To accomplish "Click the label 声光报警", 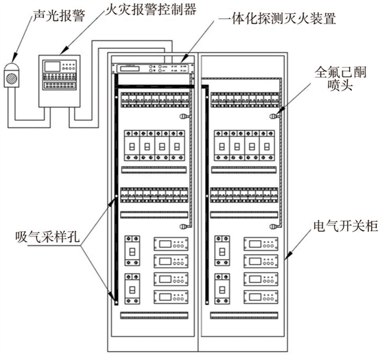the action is click(x=59, y=16).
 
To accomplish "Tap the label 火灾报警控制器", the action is click(x=150, y=10).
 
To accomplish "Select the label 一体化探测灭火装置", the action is click(x=276, y=19).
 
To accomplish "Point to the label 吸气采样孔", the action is click(x=47, y=237).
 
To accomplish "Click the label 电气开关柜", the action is click(x=346, y=226).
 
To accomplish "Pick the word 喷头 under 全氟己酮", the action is click(x=340, y=85).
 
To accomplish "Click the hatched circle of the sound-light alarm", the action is click(x=12, y=78).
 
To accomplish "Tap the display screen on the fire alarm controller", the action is click(x=52, y=67).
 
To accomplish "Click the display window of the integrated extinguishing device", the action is click(x=130, y=69).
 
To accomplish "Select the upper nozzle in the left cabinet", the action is click(x=185, y=117).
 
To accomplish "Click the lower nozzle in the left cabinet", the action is click(x=185, y=227).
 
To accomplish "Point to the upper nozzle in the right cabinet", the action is click(x=274, y=117).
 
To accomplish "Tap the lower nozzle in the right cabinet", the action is click(x=274, y=227).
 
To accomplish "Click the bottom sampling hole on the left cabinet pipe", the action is click(x=117, y=302).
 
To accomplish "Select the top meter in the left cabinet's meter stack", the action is click(x=171, y=244).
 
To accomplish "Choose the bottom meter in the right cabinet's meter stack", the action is click(x=261, y=297).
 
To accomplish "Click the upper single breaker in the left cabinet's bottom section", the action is click(x=132, y=251).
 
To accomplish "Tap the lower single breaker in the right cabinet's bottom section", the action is click(x=222, y=289).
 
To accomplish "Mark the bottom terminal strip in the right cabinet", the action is click(x=244, y=315).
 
